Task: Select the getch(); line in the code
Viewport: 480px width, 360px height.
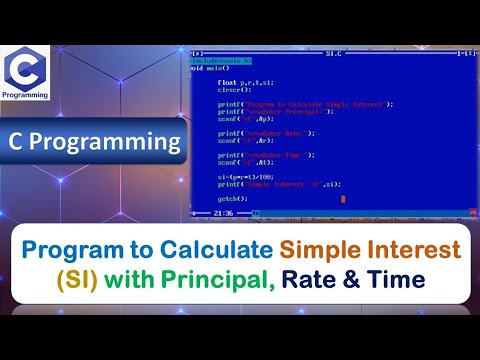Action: [232, 199]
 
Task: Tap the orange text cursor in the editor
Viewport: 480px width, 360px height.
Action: [342, 199]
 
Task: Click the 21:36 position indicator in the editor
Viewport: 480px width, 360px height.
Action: [222, 213]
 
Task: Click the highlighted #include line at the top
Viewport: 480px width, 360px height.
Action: [222, 60]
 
